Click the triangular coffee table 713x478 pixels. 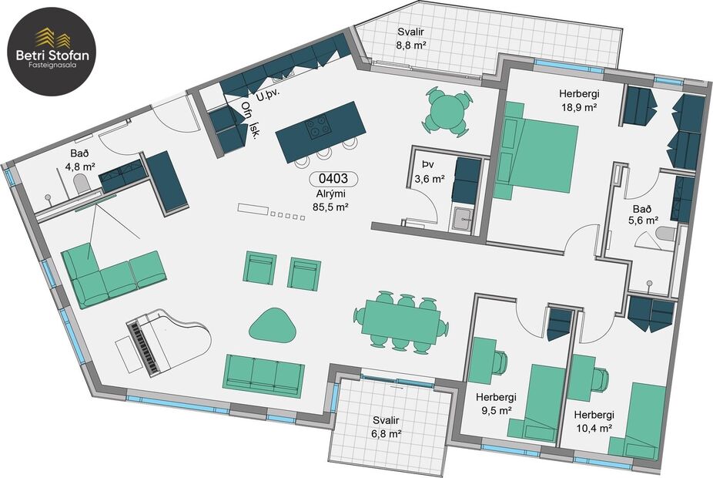tap(273, 325)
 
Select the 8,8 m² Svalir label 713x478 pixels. tap(411, 39)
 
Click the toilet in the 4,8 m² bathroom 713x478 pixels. tap(81, 183)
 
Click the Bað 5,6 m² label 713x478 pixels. tap(643, 214)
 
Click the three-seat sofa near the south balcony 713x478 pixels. tap(263, 375)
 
